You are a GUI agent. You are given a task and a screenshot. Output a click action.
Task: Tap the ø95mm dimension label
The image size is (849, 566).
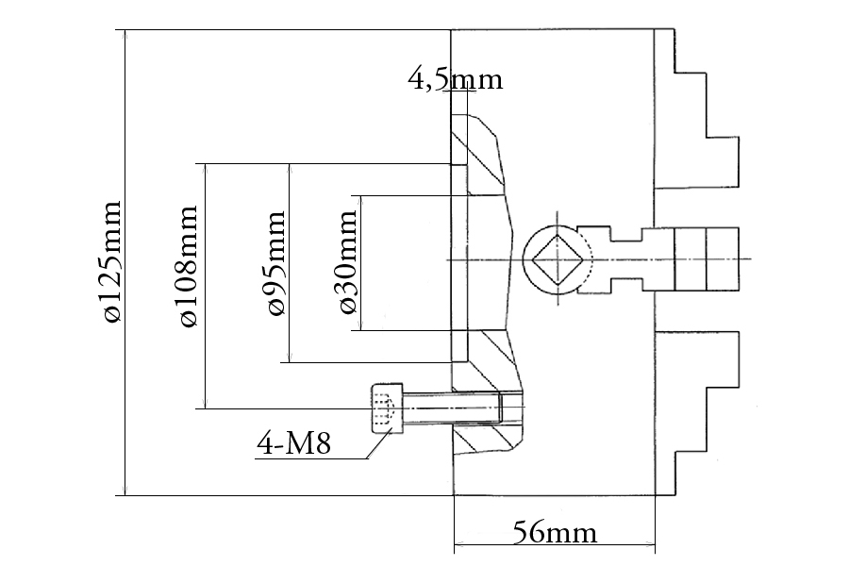(275, 264)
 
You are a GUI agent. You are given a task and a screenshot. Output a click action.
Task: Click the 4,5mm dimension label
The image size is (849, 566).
(455, 79)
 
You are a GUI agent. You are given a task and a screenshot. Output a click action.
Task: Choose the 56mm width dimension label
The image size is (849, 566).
(555, 533)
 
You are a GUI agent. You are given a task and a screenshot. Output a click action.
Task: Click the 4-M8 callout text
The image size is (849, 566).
(293, 443)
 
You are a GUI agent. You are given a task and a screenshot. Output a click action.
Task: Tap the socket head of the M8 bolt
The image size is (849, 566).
(387, 408)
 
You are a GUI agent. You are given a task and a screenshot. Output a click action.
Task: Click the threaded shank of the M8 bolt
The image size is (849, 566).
(453, 408)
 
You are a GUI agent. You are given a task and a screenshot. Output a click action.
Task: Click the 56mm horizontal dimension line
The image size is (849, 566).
(555, 545)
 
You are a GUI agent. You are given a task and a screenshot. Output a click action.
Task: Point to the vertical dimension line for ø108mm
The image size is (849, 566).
(205, 358)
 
